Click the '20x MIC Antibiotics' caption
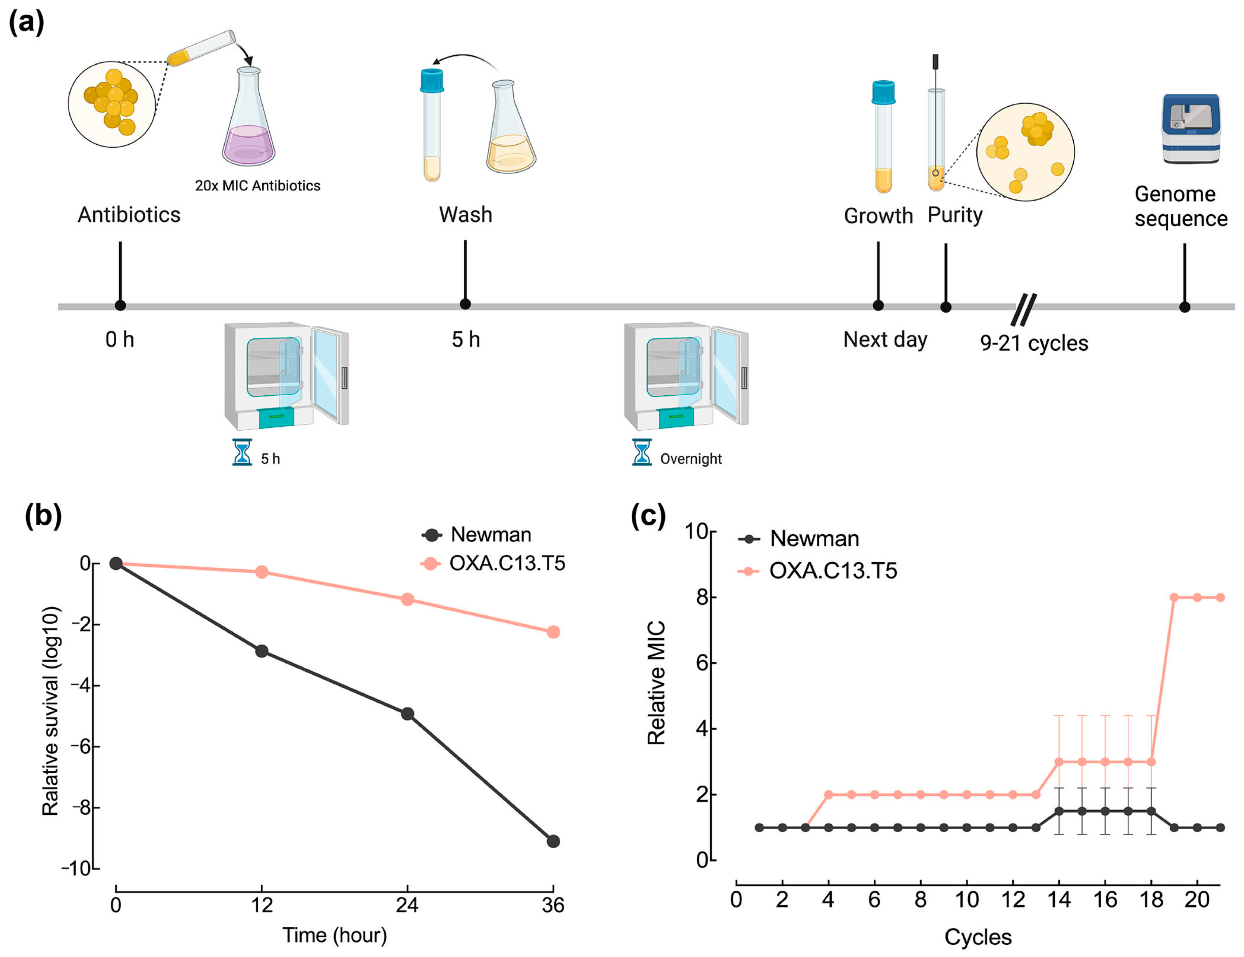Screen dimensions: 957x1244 [x=257, y=185]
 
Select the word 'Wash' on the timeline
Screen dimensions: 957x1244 [x=466, y=215]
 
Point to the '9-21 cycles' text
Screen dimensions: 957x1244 [x=1034, y=343]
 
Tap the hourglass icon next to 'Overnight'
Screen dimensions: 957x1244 [x=641, y=452]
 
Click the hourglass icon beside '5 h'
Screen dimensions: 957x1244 [x=242, y=452]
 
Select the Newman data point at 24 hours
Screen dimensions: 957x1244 [x=407, y=714]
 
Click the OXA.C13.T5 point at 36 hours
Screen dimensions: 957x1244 [x=553, y=632]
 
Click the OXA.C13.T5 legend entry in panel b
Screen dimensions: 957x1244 [x=493, y=564]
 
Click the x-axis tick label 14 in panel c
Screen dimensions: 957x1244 [x=1059, y=900]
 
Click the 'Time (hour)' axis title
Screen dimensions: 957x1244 [x=335, y=936]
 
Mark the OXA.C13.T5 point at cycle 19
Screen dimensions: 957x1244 [x=1174, y=598]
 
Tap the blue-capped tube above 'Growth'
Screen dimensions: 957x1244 [x=884, y=137]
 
